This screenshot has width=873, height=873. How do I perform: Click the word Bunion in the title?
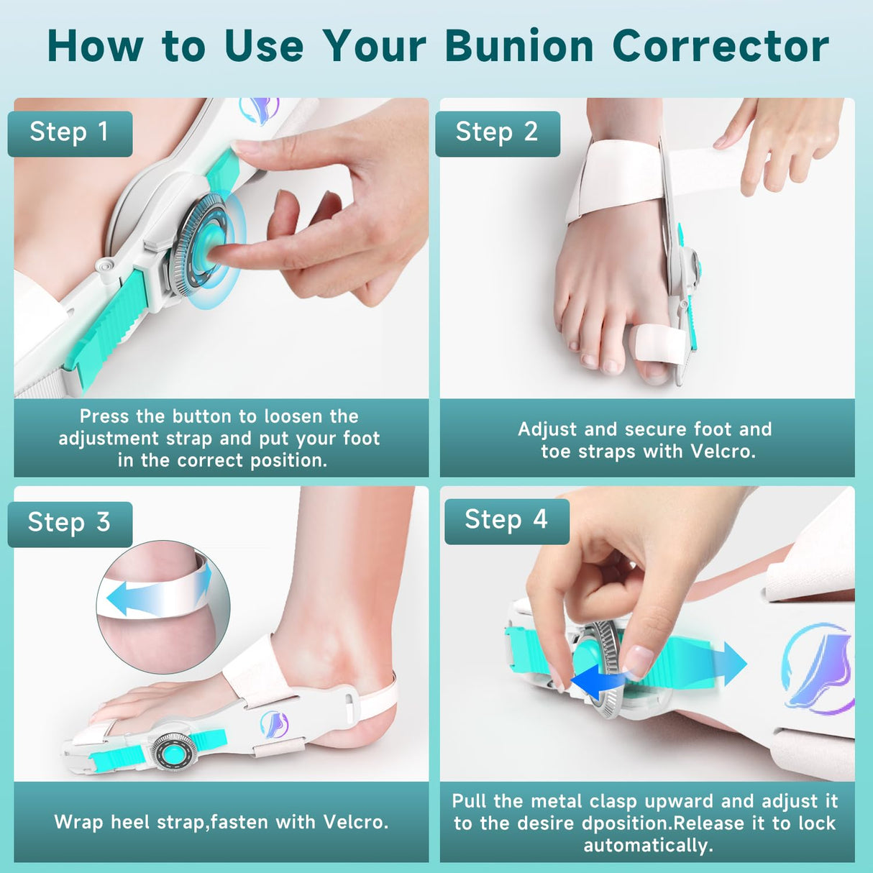519,46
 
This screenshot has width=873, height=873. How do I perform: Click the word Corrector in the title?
720,46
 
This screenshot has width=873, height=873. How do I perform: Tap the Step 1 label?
70,132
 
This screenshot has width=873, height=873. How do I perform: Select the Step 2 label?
497,132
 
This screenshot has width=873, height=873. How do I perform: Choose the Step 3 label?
70,523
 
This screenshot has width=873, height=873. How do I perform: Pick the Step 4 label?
506,520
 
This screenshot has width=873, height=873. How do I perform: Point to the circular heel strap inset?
163,606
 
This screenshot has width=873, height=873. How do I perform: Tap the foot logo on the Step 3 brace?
274,724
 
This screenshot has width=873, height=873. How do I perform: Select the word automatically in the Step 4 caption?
648,846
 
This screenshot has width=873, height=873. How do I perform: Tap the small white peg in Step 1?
106,267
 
